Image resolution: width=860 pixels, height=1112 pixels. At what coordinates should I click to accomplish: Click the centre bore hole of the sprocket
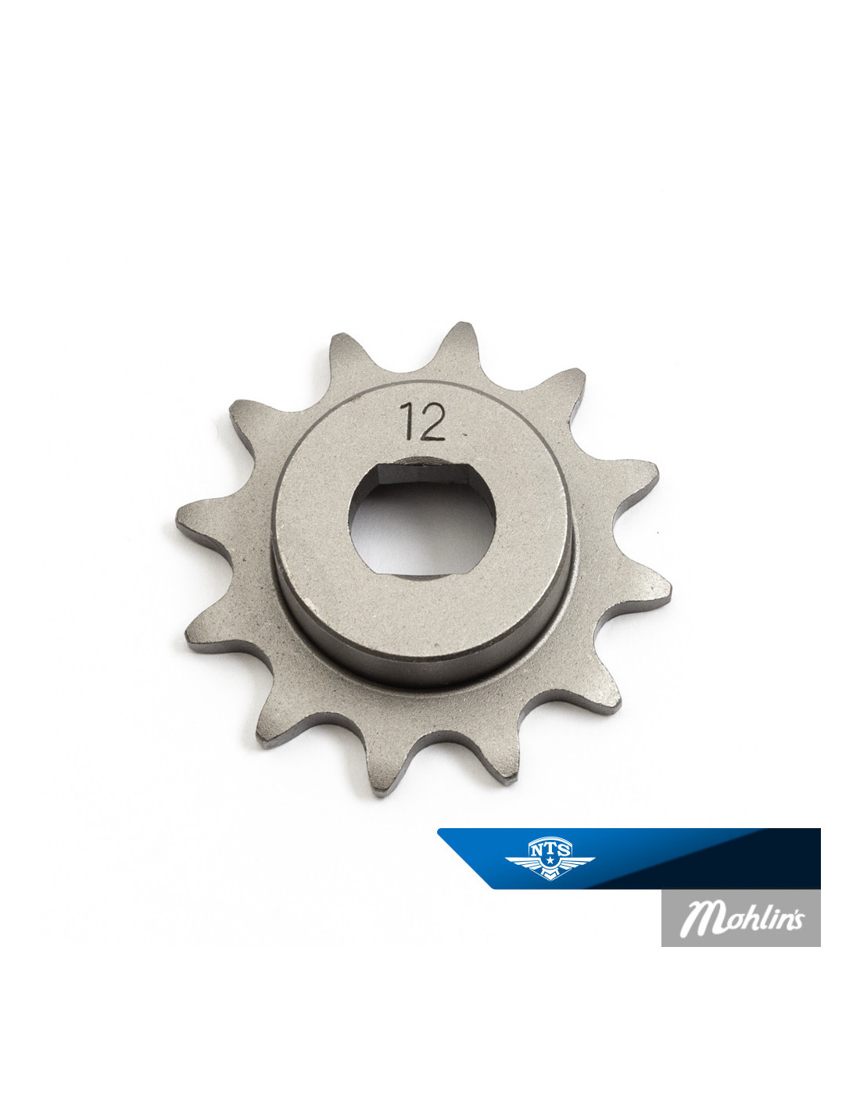click(421, 521)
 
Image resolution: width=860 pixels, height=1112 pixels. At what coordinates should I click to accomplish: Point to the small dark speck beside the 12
click(464, 434)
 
